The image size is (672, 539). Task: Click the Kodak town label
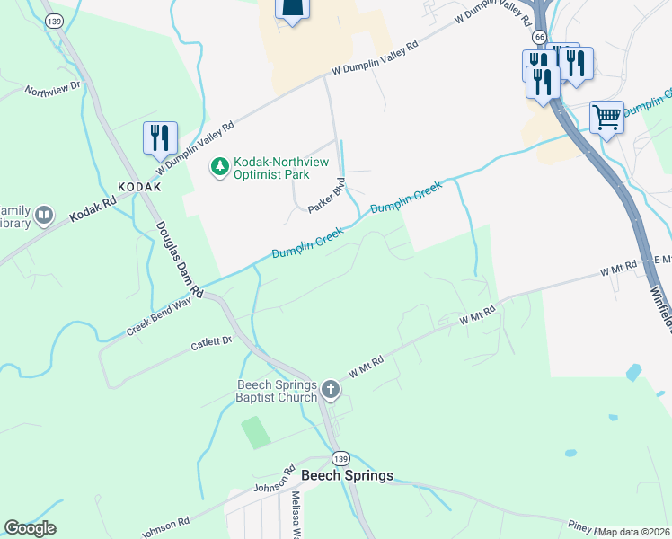pos(138,187)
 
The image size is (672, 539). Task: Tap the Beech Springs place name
pos(347,475)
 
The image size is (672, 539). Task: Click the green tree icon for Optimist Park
pos(218,166)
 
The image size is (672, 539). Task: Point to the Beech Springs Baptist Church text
pos(276,391)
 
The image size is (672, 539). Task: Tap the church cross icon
pos(331,390)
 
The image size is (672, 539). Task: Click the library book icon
pos(44,216)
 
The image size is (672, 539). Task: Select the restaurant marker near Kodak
pos(160,137)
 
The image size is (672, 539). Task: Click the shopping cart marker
pos(606,117)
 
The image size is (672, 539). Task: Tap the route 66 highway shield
pos(538,37)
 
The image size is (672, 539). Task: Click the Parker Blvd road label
pos(327,196)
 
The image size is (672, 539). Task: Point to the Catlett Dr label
pos(211,342)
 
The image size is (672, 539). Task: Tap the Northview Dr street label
pos(53,91)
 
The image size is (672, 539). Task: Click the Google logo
pos(30,528)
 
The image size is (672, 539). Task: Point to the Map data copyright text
pos(632,532)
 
